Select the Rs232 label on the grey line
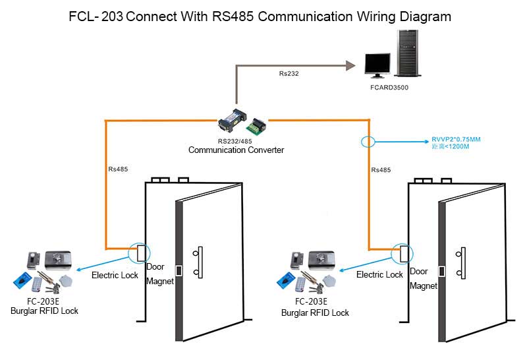(289, 73)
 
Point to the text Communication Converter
(236, 150)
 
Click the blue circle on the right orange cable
(368, 141)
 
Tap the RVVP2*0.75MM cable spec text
(456, 139)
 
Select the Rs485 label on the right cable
(381, 169)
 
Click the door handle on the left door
(197, 261)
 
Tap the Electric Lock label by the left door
(115, 275)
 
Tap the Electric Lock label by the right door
(379, 274)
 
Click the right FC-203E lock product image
(311, 271)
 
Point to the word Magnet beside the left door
(160, 282)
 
